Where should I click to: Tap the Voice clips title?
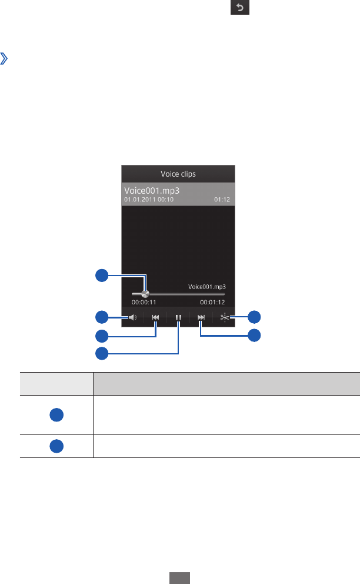tap(178, 174)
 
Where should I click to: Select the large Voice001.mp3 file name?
tap(152, 191)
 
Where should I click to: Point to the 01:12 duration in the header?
tap(222, 200)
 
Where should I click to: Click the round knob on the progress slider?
tap(145, 293)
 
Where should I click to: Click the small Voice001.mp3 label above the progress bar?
tap(206, 287)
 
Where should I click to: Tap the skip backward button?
tap(155, 317)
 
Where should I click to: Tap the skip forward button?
tap(201, 317)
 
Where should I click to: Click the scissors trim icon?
tap(224, 317)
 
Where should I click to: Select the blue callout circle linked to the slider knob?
tap(102, 275)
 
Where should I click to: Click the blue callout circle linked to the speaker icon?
tap(102, 317)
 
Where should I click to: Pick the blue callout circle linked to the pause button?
tap(102, 353)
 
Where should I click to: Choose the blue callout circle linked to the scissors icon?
tap(254, 317)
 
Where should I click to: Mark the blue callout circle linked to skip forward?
tap(254, 336)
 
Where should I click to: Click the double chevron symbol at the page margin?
tap(5, 59)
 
